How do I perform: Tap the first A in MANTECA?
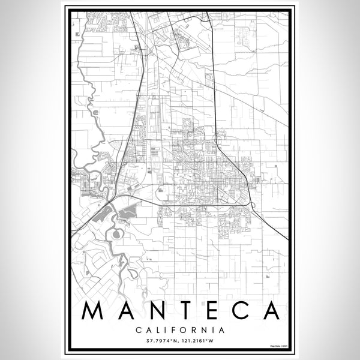[x=127, y=311]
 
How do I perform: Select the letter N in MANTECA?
[x=157, y=311]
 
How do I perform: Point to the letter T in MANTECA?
[x=186, y=311]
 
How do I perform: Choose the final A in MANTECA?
[x=268, y=311]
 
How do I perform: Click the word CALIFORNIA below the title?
[x=180, y=329]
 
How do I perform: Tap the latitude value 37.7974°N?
[x=160, y=341]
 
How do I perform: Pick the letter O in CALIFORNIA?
[x=182, y=329]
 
